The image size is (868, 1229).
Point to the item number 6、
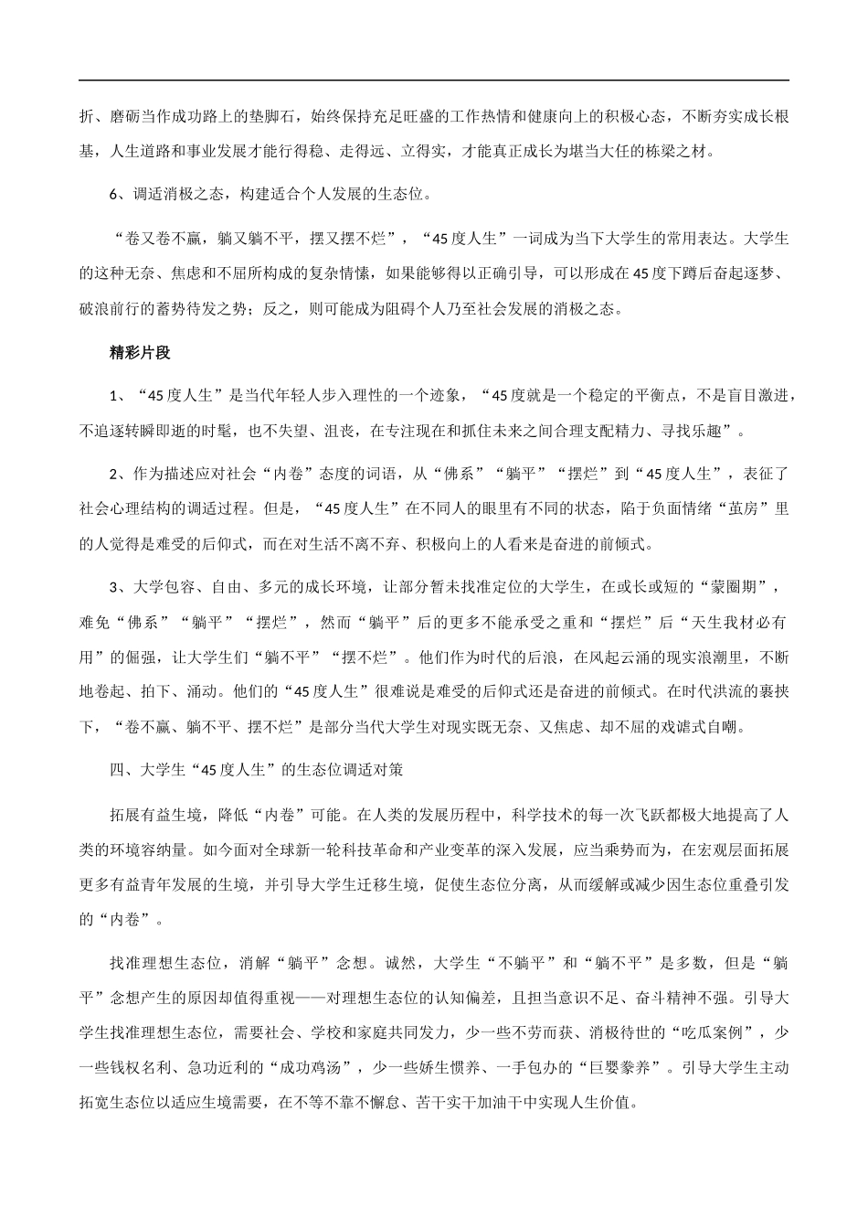pyautogui.click(x=116, y=194)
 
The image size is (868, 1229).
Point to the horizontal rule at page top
pyautogui.click(x=434, y=81)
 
